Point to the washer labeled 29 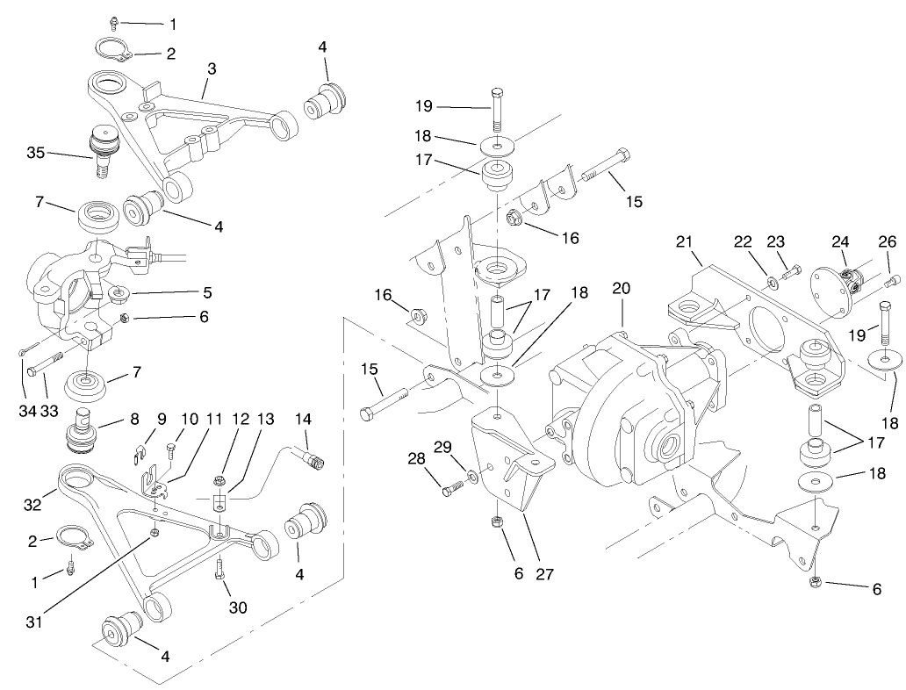click(x=474, y=477)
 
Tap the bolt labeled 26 click(x=892, y=281)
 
